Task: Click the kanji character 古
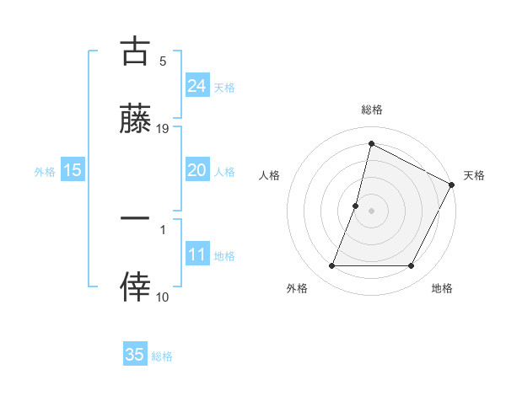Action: pyautogui.click(x=135, y=52)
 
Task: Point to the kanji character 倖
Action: pyautogui.click(x=135, y=286)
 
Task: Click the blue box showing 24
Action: pyautogui.click(x=197, y=85)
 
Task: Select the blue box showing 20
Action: pyautogui.click(x=197, y=170)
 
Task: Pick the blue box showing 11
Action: pyautogui.click(x=197, y=254)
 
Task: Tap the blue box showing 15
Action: pyautogui.click(x=73, y=170)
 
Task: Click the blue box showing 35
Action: pyautogui.click(x=135, y=355)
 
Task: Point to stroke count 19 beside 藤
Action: pyautogui.click(x=163, y=128)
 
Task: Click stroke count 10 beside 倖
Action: pyautogui.click(x=163, y=297)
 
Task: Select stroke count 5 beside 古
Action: pyautogui.click(x=163, y=61)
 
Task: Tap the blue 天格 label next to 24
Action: pyautogui.click(x=224, y=87)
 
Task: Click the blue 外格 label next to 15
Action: pyautogui.click(x=45, y=171)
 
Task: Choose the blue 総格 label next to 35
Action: pyautogui.click(x=162, y=356)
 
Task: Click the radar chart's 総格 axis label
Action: pyautogui.click(x=371, y=110)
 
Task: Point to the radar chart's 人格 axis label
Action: pyautogui.click(x=270, y=175)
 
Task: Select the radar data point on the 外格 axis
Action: pyautogui.click(x=331, y=266)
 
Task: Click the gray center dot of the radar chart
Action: pyautogui.click(x=371, y=210)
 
